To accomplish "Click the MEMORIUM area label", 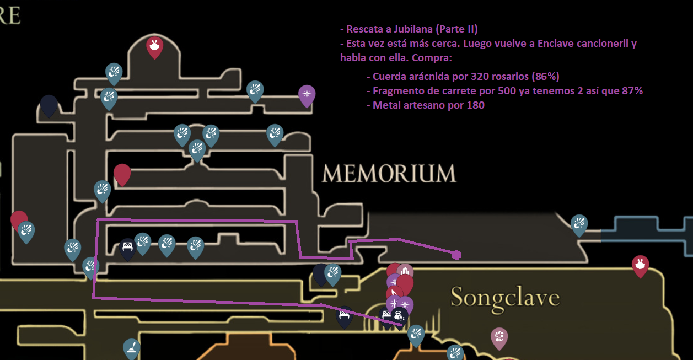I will pyautogui.click(x=389, y=174).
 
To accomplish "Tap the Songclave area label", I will pyautogui.click(x=505, y=298).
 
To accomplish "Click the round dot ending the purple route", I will pyautogui.click(x=456, y=254).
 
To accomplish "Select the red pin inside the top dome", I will pyautogui.click(x=154, y=47).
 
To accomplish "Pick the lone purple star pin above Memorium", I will pyautogui.click(x=307, y=95).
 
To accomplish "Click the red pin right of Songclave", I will pyautogui.click(x=640, y=265).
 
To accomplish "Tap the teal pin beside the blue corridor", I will pyautogui.click(x=579, y=224).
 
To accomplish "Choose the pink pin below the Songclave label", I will pyautogui.click(x=499, y=337).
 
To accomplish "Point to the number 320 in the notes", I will pyautogui.click(x=480, y=77).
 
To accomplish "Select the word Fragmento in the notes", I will pyautogui.click(x=397, y=91).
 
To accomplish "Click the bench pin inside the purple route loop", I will pyautogui.click(x=127, y=249).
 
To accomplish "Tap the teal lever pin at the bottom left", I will pyautogui.click(x=131, y=348).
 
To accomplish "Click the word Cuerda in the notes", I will pyautogui.click(x=389, y=77).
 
